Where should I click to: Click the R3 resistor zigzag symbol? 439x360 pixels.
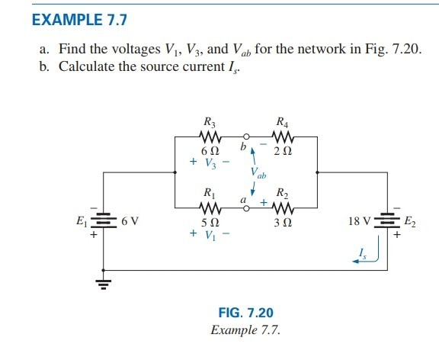209,137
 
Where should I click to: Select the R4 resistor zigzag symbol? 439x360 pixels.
283,137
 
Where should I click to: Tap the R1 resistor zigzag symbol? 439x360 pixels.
209,207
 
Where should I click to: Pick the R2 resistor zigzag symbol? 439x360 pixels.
283,207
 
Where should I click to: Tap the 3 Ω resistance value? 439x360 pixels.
283,223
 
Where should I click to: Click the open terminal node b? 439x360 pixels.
246,138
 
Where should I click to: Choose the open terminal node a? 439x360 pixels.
246,207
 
